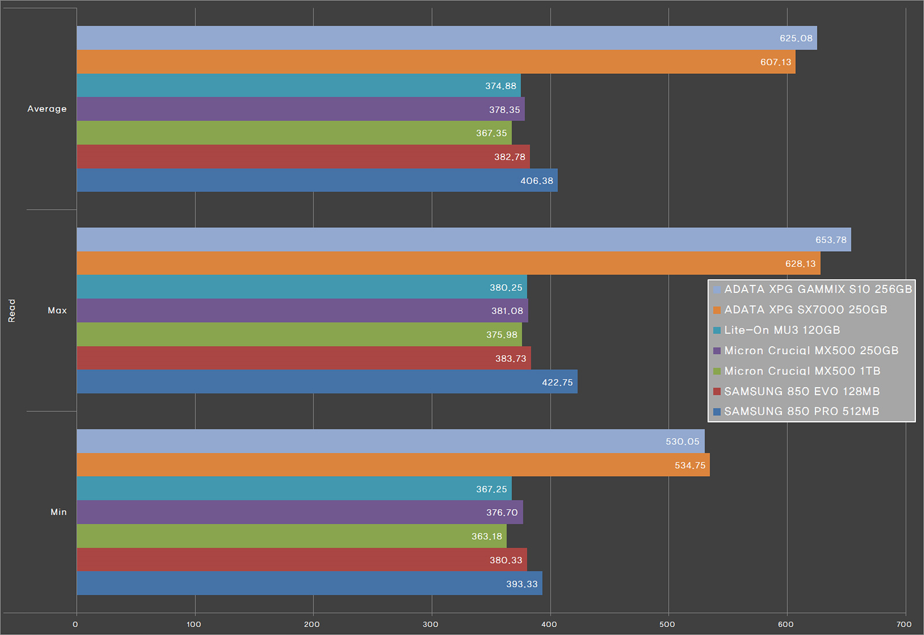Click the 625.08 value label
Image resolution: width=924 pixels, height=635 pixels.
click(796, 38)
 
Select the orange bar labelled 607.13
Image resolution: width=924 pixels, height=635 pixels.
click(436, 62)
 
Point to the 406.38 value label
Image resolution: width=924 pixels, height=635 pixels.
click(536, 181)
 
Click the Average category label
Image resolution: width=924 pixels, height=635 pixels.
click(47, 109)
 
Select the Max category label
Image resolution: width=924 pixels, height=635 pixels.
click(57, 310)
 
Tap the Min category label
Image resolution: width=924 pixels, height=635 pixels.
click(58, 512)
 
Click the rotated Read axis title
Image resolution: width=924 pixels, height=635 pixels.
click(12, 310)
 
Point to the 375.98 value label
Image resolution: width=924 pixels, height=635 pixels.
click(501, 335)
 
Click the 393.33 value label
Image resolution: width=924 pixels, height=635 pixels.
click(521, 584)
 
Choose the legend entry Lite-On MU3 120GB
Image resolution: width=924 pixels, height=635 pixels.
click(782, 330)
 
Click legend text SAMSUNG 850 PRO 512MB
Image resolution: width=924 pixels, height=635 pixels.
click(802, 411)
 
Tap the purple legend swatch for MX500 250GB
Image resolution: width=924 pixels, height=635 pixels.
click(717, 351)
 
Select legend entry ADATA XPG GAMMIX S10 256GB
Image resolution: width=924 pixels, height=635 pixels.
click(818, 289)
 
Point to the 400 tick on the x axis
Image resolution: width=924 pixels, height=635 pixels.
click(549, 624)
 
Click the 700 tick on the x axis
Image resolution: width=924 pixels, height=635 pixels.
click(904, 624)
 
